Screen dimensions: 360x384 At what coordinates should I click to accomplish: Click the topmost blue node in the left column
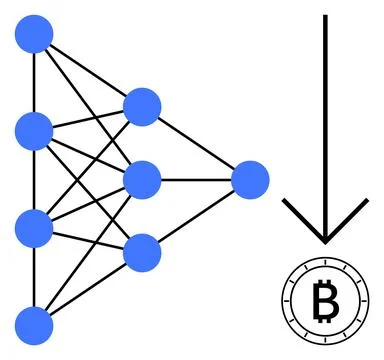click(x=35, y=36)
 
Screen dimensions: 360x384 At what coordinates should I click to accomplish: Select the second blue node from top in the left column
click(x=35, y=130)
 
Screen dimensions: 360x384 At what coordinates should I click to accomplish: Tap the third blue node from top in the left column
click(x=35, y=227)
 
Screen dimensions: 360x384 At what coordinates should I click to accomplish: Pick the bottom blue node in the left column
click(x=35, y=325)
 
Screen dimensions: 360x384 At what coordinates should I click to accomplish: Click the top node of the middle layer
click(x=142, y=106)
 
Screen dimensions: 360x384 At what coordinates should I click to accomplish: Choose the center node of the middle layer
click(x=142, y=180)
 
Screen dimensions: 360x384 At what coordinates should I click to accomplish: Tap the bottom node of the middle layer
click(x=142, y=252)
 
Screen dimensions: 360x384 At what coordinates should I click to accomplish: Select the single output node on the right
click(x=250, y=180)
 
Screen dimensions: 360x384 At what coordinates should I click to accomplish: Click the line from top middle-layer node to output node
click(x=196, y=143)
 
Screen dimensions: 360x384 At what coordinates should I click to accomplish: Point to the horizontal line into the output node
click(x=196, y=180)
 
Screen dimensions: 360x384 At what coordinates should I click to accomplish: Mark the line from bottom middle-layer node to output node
click(x=196, y=216)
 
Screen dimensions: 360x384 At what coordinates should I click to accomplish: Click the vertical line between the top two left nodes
click(x=35, y=83)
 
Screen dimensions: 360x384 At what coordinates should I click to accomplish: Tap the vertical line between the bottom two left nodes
click(x=35, y=276)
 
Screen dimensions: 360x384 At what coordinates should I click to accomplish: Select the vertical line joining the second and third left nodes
click(x=35, y=178)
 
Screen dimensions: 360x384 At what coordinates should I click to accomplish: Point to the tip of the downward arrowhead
click(x=324, y=241)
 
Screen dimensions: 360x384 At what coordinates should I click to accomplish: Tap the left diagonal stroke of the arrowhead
click(x=303, y=219)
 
